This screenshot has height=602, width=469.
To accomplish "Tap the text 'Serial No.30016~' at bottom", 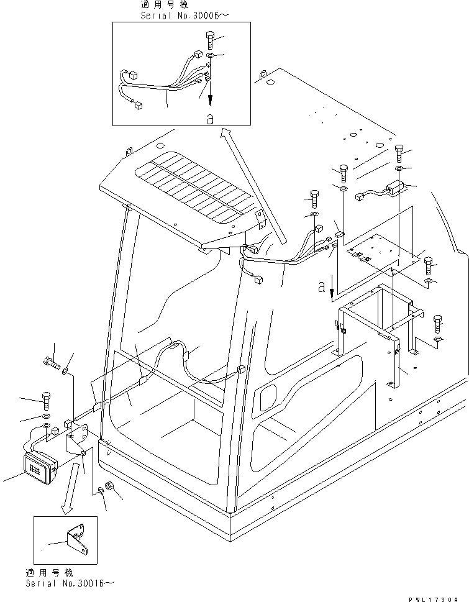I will (x=70, y=584).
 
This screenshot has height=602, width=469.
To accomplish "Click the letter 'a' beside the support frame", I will (x=321, y=287).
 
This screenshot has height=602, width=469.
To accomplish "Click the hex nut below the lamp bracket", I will (x=106, y=488).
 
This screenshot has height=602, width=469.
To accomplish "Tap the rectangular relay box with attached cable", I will (x=394, y=186).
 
